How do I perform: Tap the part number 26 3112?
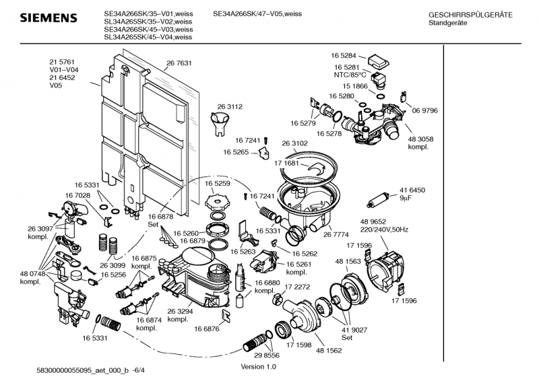[229, 106]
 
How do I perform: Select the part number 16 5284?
[344, 55]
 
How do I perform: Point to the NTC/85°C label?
[349, 77]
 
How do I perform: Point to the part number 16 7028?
[77, 195]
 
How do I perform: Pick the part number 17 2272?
[296, 287]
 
